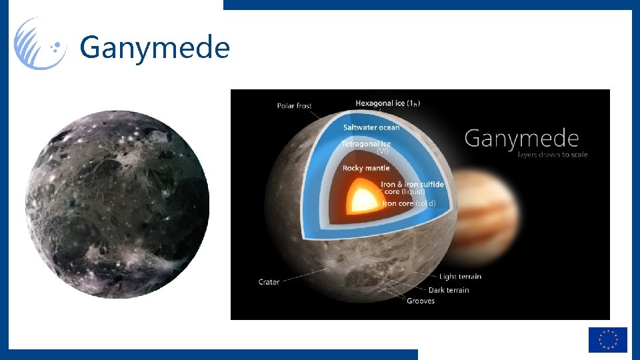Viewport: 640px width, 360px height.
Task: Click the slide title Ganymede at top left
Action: pos(155,48)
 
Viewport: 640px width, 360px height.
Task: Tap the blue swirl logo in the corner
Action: pos(41,44)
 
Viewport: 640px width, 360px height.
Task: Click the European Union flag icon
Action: pos(607,339)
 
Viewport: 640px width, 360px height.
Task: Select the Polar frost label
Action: pos(294,106)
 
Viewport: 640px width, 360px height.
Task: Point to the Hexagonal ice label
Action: pos(387,103)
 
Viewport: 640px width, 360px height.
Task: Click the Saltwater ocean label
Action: pos(371,127)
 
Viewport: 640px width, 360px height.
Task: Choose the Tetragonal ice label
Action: pos(366,143)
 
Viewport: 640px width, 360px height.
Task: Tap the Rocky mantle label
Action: pos(366,168)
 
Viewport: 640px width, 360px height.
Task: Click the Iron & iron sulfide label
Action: pos(412,184)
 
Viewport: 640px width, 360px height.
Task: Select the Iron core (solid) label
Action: pos(408,203)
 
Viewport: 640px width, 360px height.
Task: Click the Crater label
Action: pos(269,282)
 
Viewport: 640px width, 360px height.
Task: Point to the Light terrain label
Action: pos(460,276)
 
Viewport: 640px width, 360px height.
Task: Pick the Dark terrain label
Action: pos(449,290)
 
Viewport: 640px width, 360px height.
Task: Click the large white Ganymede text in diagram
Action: pos(521,139)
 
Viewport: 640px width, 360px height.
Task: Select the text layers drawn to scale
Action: pos(552,155)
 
